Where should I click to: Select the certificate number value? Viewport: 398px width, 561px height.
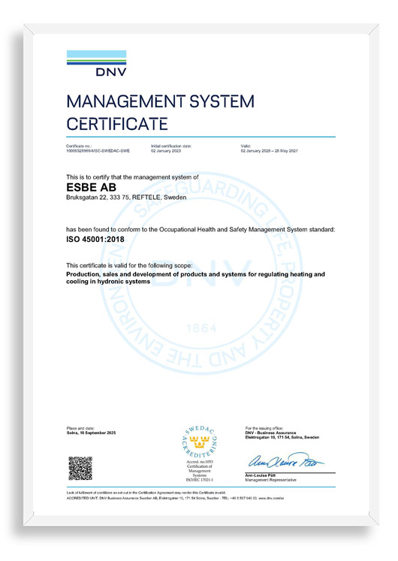click(x=98, y=151)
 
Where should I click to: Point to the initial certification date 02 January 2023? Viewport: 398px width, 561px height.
click(x=172, y=151)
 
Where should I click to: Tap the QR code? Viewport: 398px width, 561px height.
click(x=80, y=467)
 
